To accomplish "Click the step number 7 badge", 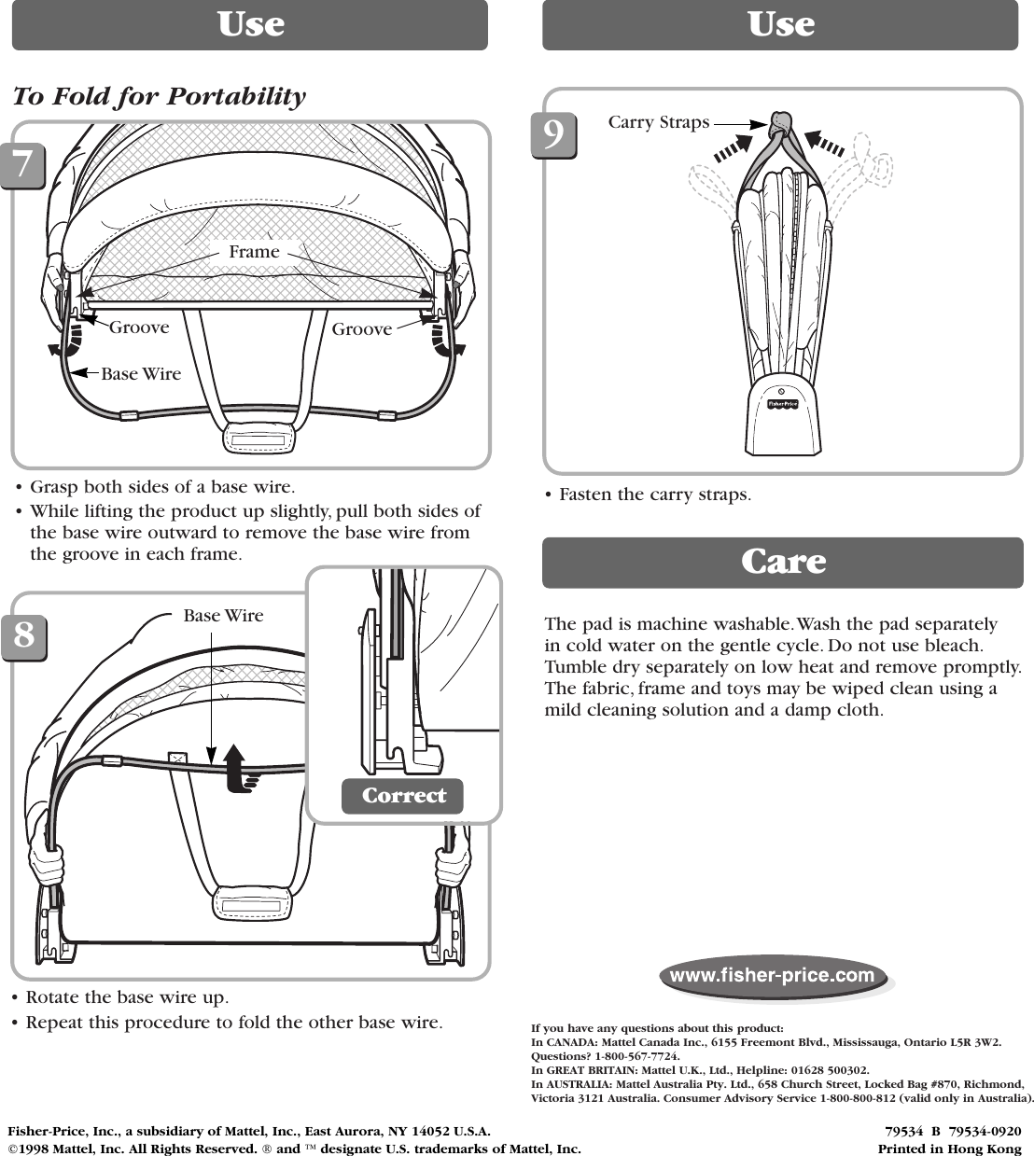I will pyautogui.click(x=23, y=164).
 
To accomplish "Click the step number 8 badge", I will pyautogui.click(x=23, y=636).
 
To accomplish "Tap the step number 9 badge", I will pyautogui.click(x=553, y=135).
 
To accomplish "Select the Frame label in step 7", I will pyautogui.click(x=254, y=252).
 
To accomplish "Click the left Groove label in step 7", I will pyautogui.click(x=139, y=327).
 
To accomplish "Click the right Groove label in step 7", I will pyautogui.click(x=362, y=329).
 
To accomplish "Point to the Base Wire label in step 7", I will pyautogui.click(x=141, y=374).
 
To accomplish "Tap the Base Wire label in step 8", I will pyautogui.click(x=223, y=616).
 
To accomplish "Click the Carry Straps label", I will pyautogui.click(x=659, y=122).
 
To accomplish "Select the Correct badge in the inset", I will pyautogui.click(x=403, y=796).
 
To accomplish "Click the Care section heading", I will pyautogui.click(x=782, y=562).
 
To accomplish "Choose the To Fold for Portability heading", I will pyautogui.click(x=159, y=97).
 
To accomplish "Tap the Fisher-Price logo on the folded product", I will pyautogui.click(x=781, y=404).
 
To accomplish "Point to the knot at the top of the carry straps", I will pyautogui.click(x=781, y=121).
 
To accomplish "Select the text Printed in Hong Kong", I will pyautogui.click(x=949, y=1149).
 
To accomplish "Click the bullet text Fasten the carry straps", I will pyautogui.click(x=654, y=494).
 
